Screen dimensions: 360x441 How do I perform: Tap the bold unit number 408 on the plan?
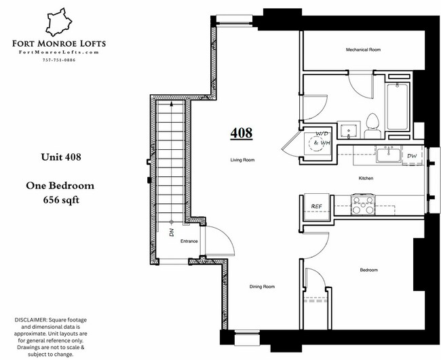tap(241, 133)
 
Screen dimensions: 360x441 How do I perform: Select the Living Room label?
tap(241, 161)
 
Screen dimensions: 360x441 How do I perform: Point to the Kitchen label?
tap(366, 178)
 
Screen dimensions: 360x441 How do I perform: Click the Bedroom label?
tap(368, 270)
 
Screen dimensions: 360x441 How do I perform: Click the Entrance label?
tap(189, 241)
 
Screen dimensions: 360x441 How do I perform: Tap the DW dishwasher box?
tap(413, 156)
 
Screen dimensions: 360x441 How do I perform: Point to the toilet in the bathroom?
tap(372, 125)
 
